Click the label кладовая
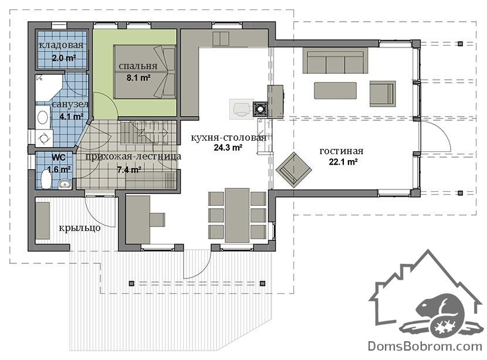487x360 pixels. (62, 45)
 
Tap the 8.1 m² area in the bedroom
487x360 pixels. (138, 77)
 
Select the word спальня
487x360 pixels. (138, 66)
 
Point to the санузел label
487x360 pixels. (70, 104)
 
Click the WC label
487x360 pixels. (59, 158)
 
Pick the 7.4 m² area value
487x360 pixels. (130, 170)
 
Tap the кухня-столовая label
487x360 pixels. (228, 137)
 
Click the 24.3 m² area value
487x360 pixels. (228, 148)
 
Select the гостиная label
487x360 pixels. (341, 151)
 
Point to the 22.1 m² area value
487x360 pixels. (343, 162)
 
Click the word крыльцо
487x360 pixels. (80, 228)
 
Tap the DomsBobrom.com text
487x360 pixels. (425, 346)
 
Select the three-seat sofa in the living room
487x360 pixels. (335, 60)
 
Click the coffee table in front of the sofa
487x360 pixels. (335, 91)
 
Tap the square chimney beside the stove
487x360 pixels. (260, 109)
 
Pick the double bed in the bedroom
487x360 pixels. (145, 72)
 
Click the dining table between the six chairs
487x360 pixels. (237, 215)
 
